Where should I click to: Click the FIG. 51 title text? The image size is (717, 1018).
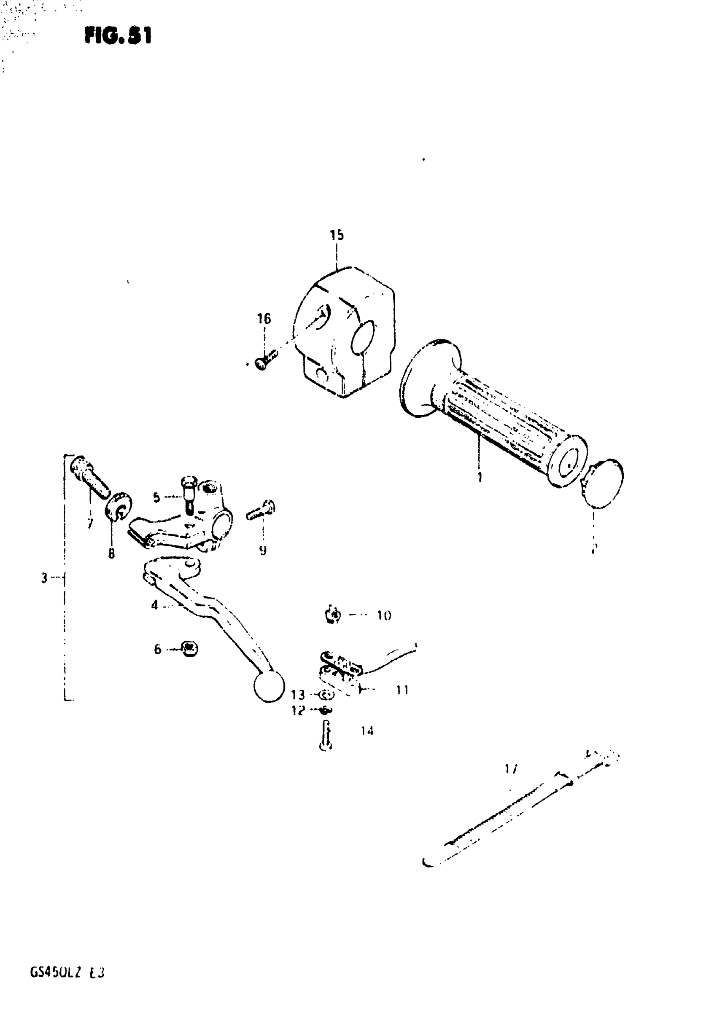(118, 35)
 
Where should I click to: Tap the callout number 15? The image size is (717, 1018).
(337, 235)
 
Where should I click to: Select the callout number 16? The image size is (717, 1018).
(264, 318)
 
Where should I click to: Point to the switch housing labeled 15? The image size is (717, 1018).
(344, 333)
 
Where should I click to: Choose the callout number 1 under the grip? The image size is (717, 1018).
(480, 477)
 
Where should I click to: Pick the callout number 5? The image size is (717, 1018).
(156, 497)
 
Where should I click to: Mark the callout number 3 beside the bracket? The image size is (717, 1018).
(44, 578)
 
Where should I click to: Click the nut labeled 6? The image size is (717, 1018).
(190, 649)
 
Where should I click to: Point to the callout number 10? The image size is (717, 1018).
(384, 615)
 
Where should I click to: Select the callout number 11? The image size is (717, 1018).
(402, 690)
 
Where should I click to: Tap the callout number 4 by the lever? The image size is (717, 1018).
(154, 605)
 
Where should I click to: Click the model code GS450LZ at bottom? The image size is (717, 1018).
(55, 973)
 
